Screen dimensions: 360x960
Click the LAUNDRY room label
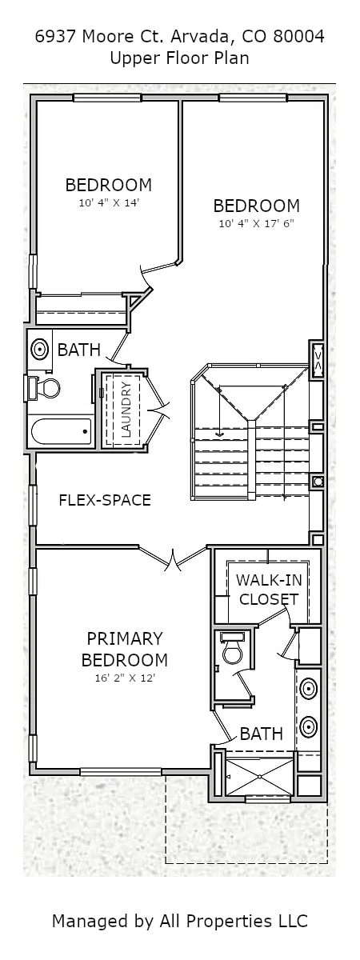[x=127, y=410]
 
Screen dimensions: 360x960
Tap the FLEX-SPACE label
[x=105, y=500]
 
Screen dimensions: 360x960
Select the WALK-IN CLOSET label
[x=269, y=590]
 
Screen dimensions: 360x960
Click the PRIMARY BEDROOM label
[x=124, y=650]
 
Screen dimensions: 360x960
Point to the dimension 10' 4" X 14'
[x=110, y=203]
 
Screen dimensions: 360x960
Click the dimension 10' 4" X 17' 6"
[x=257, y=224]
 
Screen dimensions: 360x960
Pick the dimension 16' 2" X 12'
[x=124, y=678]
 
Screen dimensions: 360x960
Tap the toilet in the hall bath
[x=43, y=388]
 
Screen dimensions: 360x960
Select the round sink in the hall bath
[x=39, y=350]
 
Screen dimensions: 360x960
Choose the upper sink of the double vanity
[x=309, y=689]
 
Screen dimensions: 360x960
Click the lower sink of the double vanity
[x=309, y=726]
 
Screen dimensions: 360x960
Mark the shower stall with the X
[x=259, y=777]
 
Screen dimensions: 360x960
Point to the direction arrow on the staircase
[x=219, y=411]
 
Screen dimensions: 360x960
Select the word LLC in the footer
[x=292, y=920]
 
